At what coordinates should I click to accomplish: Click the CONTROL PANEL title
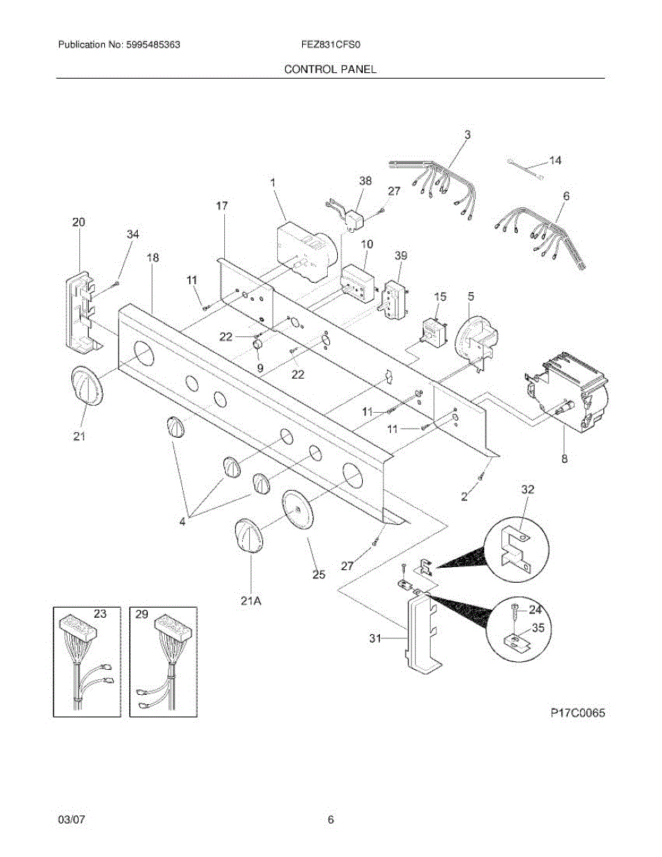click(x=330, y=69)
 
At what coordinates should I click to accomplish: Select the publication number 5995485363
click(x=151, y=44)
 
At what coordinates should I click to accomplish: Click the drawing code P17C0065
click(x=578, y=713)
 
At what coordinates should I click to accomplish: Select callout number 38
click(x=364, y=181)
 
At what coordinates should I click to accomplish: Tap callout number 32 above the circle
click(x=528, y=490)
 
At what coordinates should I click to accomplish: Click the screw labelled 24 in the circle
click(x=515, y=611)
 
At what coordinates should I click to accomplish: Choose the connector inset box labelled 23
click(x=87, y=661)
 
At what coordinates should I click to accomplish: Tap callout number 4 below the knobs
click(x=182, y=521)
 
